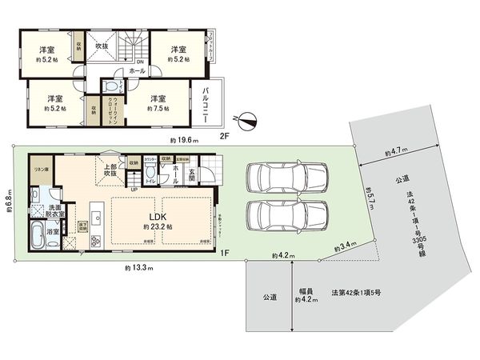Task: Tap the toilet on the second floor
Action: tap(110, 88)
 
